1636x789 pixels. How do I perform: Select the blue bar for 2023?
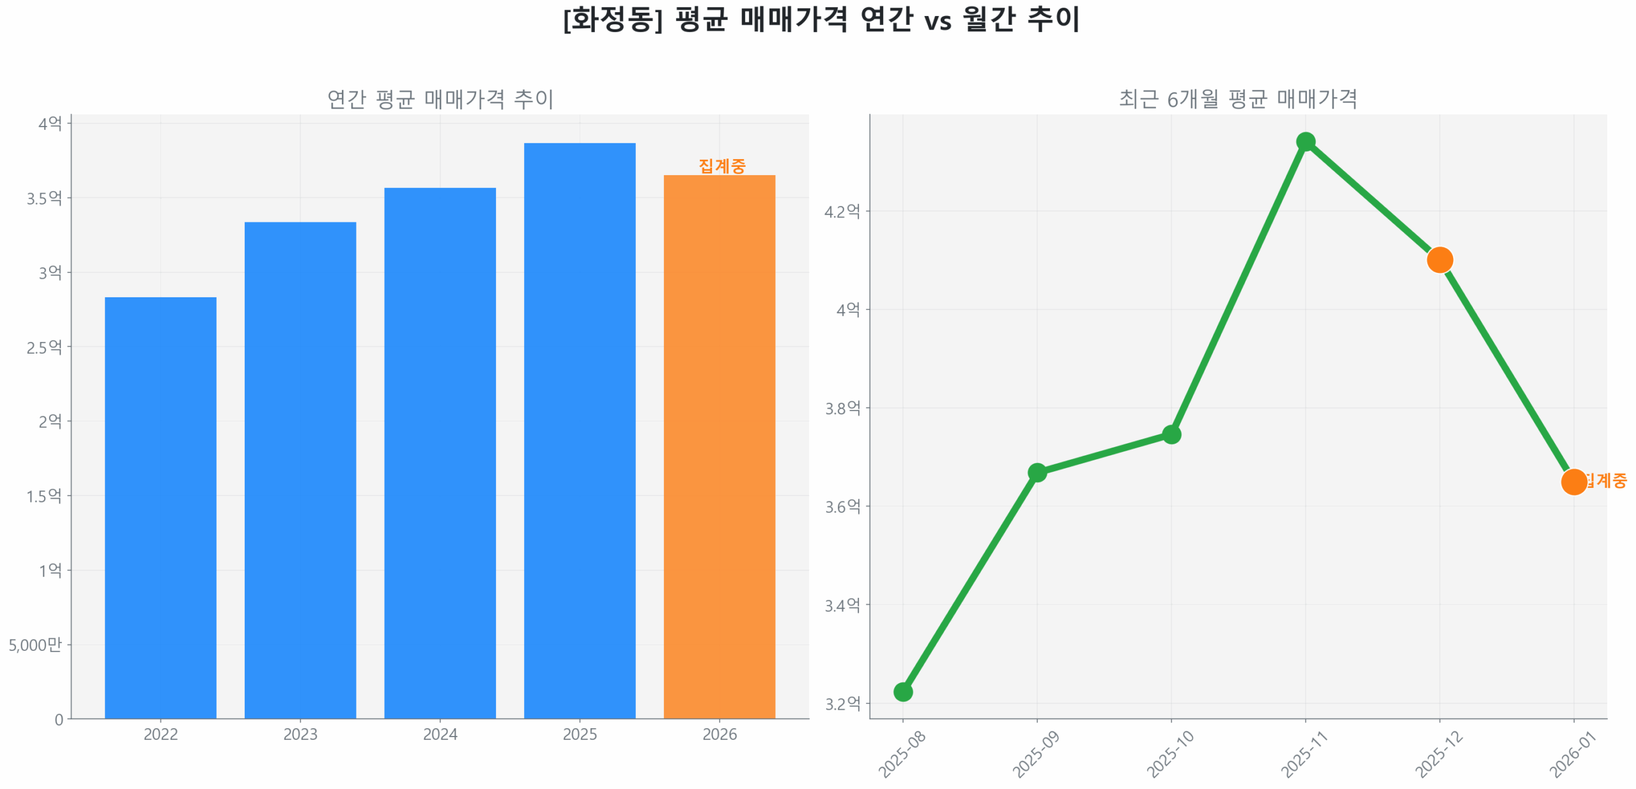(300, 470)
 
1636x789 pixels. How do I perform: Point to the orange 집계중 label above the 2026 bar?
(722, 166)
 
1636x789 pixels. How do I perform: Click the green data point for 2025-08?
(902, 691)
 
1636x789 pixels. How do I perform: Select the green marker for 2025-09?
(1037, 473)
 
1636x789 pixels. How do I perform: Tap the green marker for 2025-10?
(1171, 434)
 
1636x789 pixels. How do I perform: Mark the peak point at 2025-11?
(1305, 141)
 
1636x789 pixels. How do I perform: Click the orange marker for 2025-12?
(1439, 260)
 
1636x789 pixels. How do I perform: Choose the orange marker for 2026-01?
(1573, 481)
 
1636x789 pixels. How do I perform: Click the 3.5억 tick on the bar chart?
(44, 198)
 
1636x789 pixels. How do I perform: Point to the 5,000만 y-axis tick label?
(35, 644)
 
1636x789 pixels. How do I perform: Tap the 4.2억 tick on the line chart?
(842, 211)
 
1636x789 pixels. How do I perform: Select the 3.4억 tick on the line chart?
(842, 605)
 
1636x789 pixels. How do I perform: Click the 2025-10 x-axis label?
(1169, 754)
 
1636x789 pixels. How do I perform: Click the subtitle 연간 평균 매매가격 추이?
(440, 99)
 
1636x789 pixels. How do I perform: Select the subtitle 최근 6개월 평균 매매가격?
(1237, 99)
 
